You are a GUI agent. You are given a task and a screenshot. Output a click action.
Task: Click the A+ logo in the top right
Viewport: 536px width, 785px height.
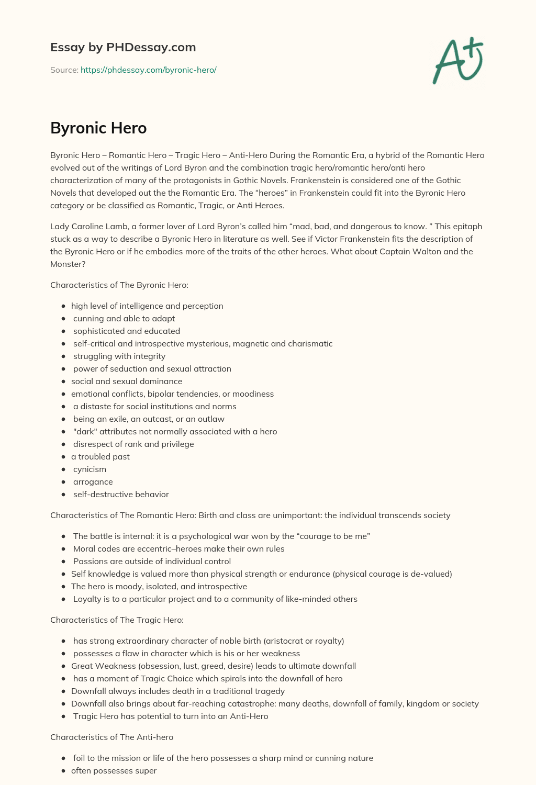click(x=458, y=60)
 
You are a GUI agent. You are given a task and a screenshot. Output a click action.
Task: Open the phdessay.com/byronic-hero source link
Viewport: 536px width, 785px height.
click(x=148, y=70)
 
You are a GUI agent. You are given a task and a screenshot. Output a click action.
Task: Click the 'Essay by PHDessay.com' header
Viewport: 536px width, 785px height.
click(x=123, y=47)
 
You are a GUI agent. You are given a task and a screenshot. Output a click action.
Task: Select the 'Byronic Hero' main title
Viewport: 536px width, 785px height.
click(x=98, y=128)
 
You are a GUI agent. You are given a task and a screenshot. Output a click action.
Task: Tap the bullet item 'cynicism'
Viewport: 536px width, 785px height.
click(x=90, y=469)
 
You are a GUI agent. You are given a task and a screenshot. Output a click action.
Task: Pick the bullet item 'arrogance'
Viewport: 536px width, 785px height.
click(x=93, y=482)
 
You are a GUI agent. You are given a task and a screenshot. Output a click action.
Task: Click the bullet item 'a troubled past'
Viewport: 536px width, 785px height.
click(x=100, y=457)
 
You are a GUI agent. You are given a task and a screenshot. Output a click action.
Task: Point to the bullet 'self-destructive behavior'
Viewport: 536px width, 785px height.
click(x=121, y=495)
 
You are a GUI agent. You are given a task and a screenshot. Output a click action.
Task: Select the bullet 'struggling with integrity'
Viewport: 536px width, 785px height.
click(x=119, y=356)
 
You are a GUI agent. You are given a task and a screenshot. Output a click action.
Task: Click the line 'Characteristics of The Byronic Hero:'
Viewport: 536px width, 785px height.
click(x=119, y=285)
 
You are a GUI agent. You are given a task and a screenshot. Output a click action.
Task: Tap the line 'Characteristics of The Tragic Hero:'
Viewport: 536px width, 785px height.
click(x=117, y=620)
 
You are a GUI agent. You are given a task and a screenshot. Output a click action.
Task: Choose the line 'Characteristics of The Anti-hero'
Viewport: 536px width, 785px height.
click(x=111, y=737)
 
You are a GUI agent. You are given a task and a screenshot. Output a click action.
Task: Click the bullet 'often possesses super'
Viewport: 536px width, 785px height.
click(x=114, y=771)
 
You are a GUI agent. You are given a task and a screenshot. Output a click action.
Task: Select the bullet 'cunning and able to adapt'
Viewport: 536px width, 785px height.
click(x=124, y=319)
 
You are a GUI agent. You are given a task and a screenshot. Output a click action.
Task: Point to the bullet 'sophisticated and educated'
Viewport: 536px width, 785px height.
click(x=126, y=331)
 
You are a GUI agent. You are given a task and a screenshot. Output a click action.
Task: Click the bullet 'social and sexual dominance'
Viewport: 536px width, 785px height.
click(x=127, y=382)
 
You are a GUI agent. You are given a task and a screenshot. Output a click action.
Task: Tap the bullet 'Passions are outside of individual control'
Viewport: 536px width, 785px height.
click(x=152, y=562)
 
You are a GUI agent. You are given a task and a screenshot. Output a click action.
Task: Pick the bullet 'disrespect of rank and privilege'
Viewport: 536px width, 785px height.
click(x=132, y=444)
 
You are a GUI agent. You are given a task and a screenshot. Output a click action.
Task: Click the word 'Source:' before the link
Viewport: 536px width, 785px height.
click(x=64, y=70)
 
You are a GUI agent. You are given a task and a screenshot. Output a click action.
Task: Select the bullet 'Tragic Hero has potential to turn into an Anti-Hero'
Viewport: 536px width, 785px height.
click(x=171, y=716)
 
